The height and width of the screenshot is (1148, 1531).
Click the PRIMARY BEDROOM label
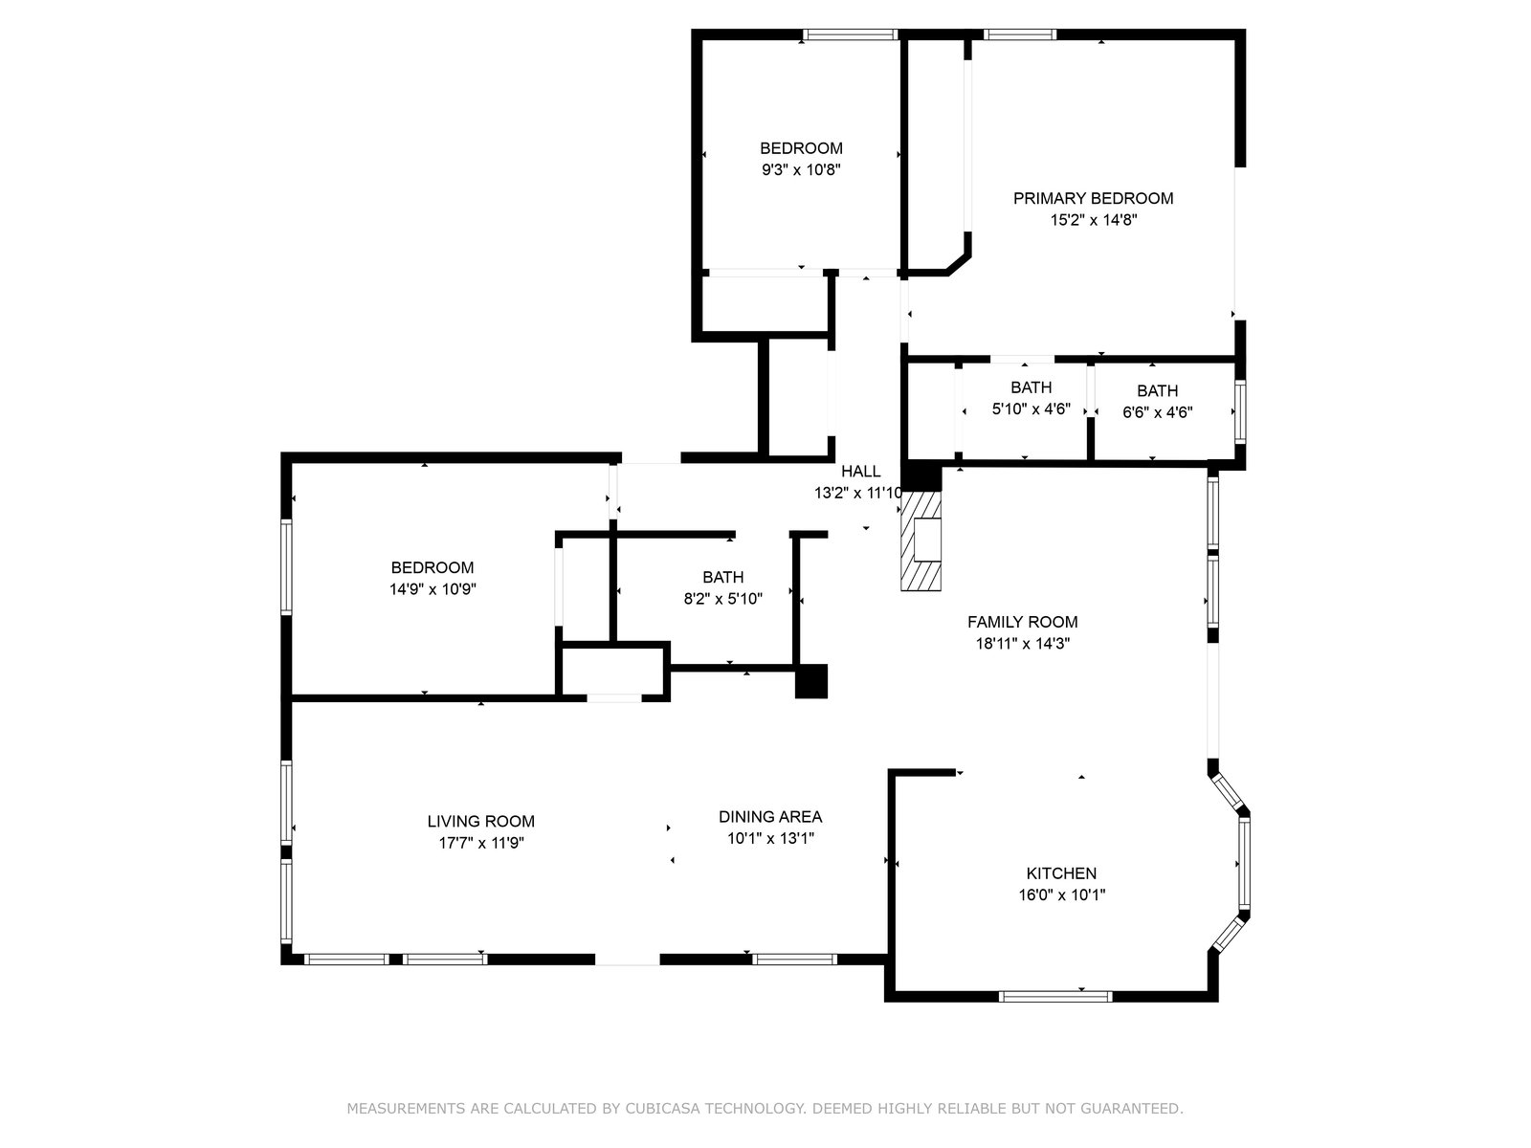click(x=1093, y=199)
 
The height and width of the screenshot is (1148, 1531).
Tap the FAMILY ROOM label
click(x=1023, y=622)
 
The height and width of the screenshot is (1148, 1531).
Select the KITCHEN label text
click(x=1061, y=873)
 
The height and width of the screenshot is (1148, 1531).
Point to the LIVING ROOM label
click(x=481, y=821)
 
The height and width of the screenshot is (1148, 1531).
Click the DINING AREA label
click(x=770, y=816)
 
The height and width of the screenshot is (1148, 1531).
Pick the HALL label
click(x=860, y=472)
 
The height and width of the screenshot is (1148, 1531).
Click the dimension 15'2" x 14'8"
click(x=1094, y=220)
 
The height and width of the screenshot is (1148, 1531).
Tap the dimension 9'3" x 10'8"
click(x=802, y=170)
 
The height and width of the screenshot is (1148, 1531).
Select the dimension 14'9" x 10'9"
click(x=433, y=589)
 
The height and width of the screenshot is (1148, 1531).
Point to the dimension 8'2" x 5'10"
click(x=723, y=599)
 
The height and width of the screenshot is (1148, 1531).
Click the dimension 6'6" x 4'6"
click(x=1158, y=412)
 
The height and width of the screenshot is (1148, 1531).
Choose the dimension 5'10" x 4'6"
click(x=1032, y=409)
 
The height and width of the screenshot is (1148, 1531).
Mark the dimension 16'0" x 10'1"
click(x=1061, y=895)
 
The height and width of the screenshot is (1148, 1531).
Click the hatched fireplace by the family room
click(x=921, y=541)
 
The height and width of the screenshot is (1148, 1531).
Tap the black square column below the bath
click(x=811, y=681)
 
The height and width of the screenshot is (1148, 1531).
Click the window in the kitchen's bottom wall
click(x=1055, y=997)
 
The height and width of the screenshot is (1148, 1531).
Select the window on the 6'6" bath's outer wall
click(x=1240, y=412)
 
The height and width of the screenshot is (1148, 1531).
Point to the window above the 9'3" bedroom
click(x=850, y=34)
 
